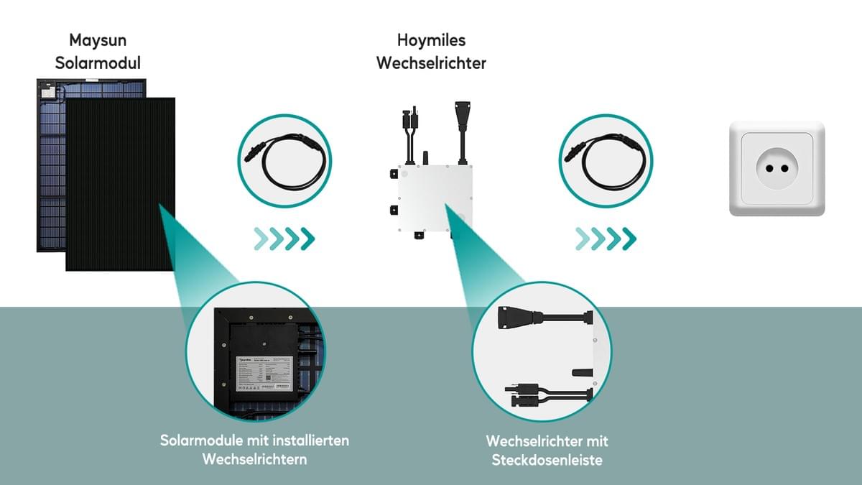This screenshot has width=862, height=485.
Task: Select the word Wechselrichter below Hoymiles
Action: pos(431,63)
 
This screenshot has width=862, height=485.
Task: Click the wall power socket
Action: pos(777,169)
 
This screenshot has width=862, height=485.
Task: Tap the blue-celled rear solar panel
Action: pos(50,165)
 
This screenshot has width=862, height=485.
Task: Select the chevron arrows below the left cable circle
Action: pos(284,238)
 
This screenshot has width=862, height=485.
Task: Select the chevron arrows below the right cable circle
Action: pos(605,238)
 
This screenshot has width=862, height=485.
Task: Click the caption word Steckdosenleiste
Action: pos(547,459)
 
